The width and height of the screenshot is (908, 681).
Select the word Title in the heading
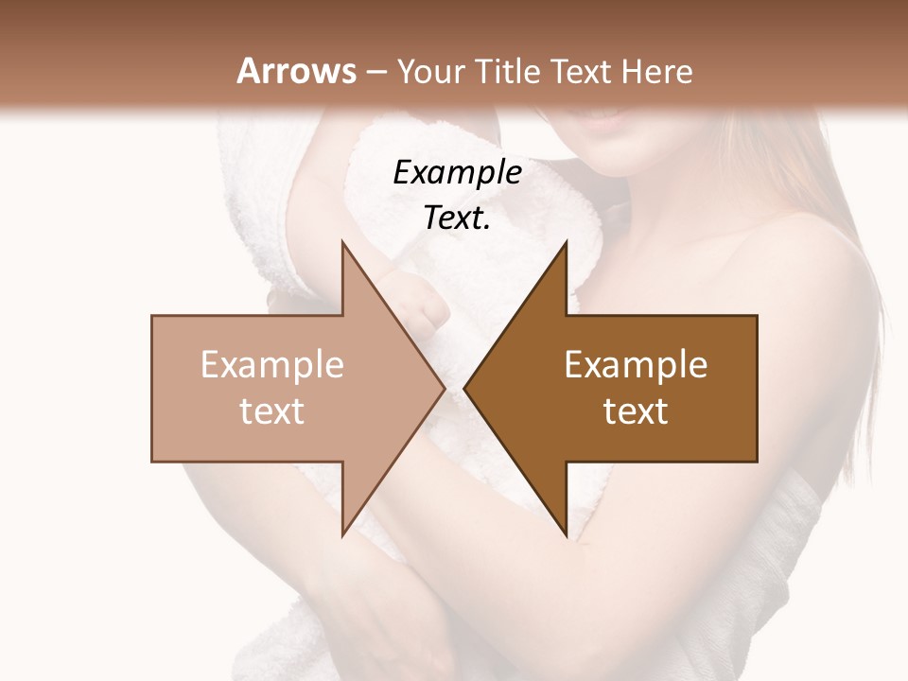[x=506, y=71]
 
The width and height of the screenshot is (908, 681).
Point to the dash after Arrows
[x=376, y=72]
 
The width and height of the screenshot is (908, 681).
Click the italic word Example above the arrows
[x=457, y=172]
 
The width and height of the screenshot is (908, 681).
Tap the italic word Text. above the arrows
[x=457, y=218]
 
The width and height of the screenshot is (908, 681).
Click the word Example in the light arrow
[x=272, y=365]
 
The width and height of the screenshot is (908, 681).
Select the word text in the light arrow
[x=272, y=410]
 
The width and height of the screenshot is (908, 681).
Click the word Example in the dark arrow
[x=636, y=365]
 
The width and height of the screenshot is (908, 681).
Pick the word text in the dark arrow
[x=636, y=410]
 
